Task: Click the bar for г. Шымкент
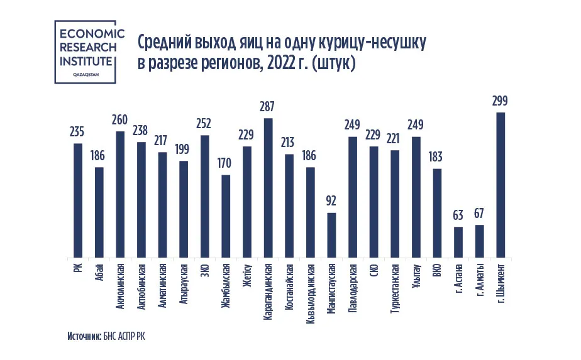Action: (x=501, y=185)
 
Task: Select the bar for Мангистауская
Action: (x=331, y=236)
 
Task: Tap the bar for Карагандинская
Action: (x=268, y=188)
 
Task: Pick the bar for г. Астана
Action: (x=458, y=243)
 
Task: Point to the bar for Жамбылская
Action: (x=226, y=217)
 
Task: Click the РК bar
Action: (x=78, y=201)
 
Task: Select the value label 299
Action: (x=501, y=101)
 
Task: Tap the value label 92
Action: (x=331, y=202)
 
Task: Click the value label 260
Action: (x=120, y=119)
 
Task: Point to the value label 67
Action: (x=479, y=214)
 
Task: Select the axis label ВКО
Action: (x=437, y=272)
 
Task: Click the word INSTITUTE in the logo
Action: (x=86, y=61)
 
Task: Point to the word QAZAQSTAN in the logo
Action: (x=86, y=74)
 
